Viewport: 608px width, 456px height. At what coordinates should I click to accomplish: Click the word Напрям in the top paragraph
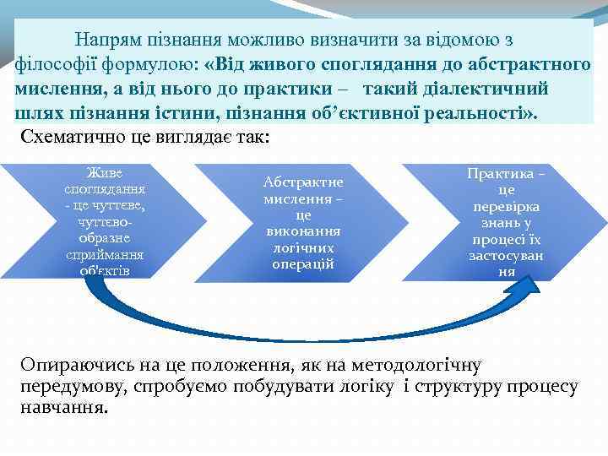pos(104,40)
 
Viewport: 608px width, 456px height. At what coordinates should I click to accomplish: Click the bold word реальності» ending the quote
pos(475,114)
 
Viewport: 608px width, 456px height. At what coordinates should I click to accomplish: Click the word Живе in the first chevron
pos(105,173)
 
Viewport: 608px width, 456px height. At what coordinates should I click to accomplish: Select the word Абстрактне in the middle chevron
pos(303,182)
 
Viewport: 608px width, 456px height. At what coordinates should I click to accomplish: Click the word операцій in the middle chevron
pos(303,263)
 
